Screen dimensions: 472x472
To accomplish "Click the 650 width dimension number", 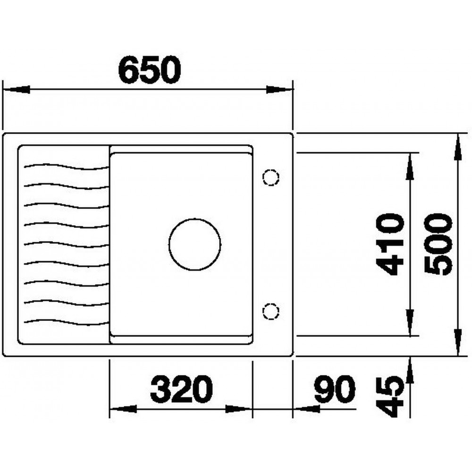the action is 150,70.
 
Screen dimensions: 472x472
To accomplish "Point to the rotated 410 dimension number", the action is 390,244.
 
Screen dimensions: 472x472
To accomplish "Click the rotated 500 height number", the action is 438,244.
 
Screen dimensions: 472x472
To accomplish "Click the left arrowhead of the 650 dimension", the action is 16,89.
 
